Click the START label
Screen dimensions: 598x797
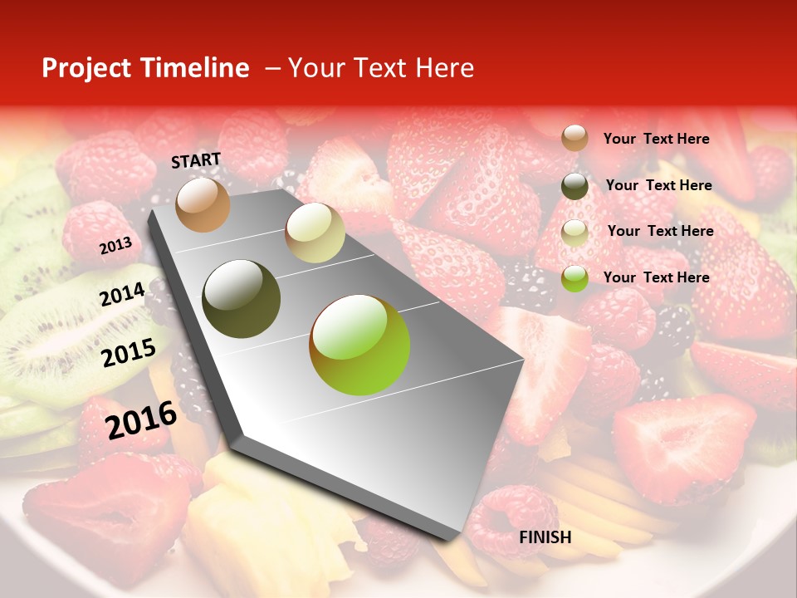pos(196,160)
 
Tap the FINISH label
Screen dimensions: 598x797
pos(545,537)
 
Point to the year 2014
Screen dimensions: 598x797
pos(123,294)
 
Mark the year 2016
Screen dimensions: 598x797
pos(141,419)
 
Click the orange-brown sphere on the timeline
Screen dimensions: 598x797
pos(203,204)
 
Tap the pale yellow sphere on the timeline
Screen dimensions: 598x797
pos(315,233)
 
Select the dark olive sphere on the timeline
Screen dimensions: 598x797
pos(242,299)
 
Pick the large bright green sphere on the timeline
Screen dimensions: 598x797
pos(359,345)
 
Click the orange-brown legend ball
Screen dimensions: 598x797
pos(575,138)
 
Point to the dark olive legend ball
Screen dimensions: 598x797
pos(575,185)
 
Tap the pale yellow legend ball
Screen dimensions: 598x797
pos(575,233)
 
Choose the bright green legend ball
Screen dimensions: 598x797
pos(575,278)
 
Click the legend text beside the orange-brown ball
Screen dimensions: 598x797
pos(656,139)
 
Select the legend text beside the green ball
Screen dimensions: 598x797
pos(656,277)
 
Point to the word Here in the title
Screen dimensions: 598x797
pos(445,68)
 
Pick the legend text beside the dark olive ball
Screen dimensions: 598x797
pos(658,185)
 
